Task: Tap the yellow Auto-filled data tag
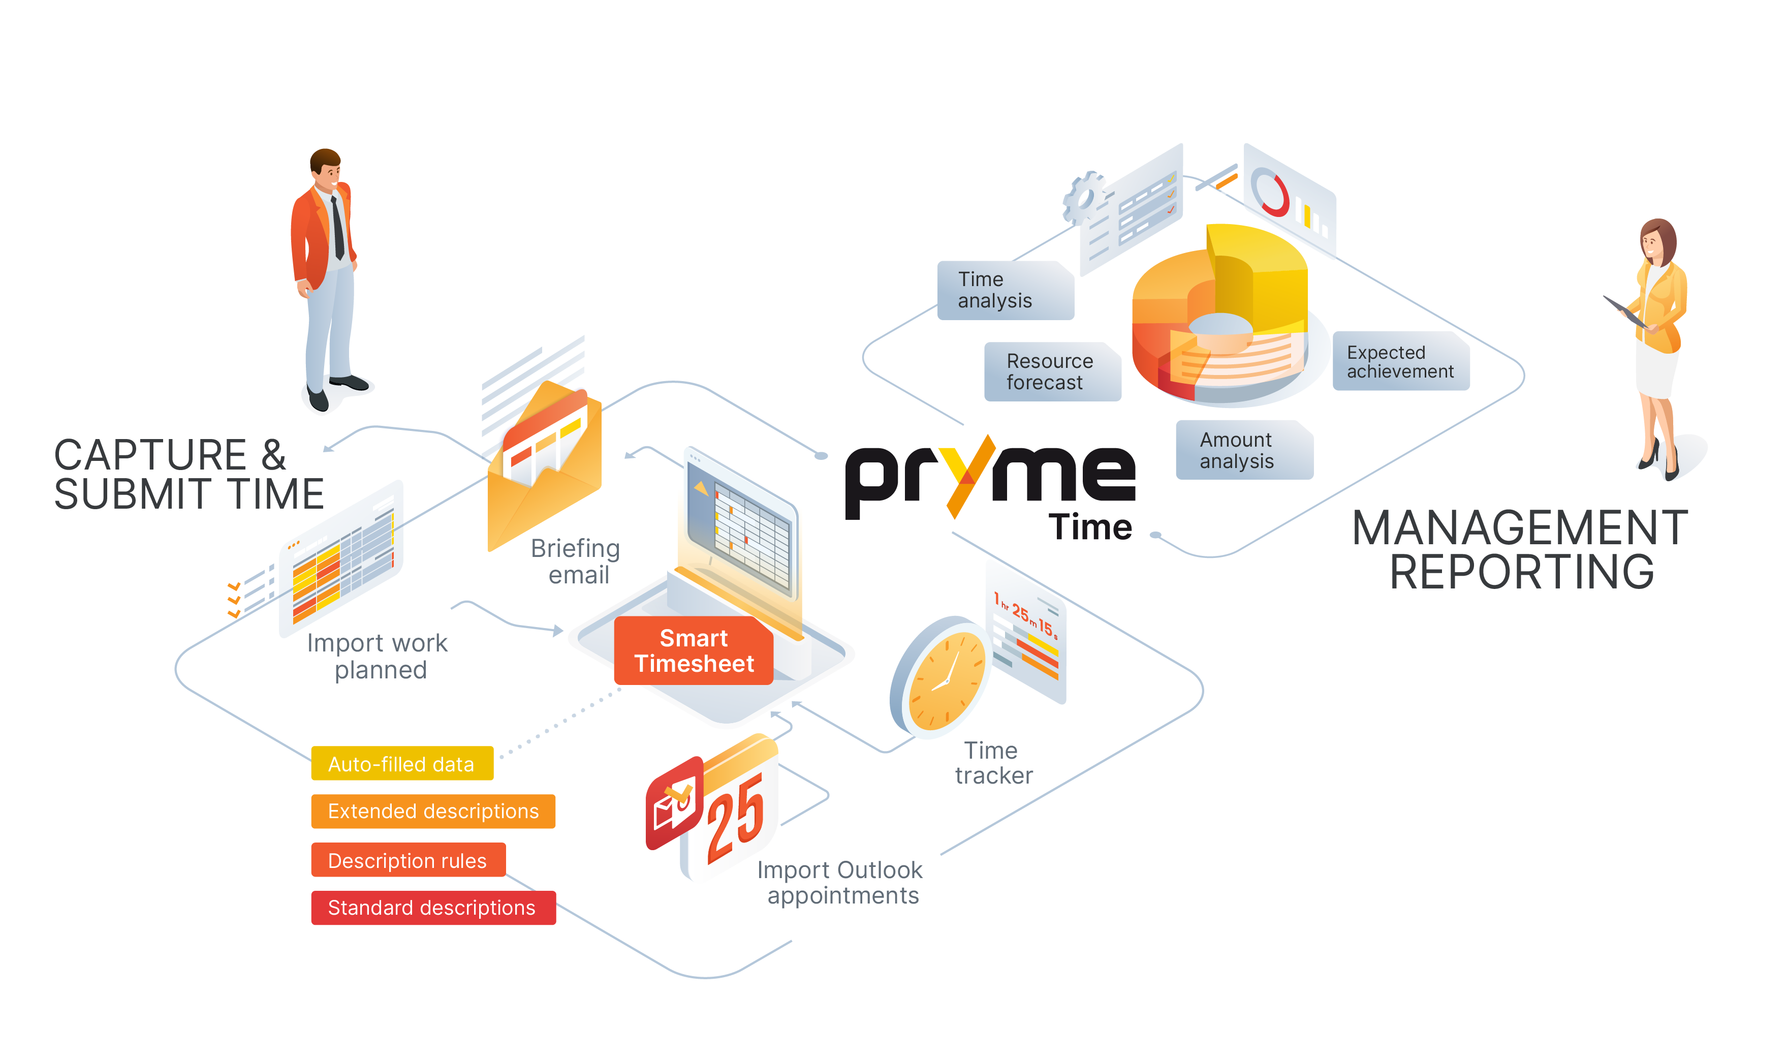(x=401, y=764)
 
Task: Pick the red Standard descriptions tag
(x=433, y=907)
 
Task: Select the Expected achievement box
(x=1400, y=361)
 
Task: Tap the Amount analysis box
(x=1243, y=450)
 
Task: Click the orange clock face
(x=947, y=681)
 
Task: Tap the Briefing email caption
(x=576, y=561)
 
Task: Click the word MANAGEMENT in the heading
(x=1520, y=528)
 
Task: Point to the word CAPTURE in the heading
(x=150, y=455)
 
